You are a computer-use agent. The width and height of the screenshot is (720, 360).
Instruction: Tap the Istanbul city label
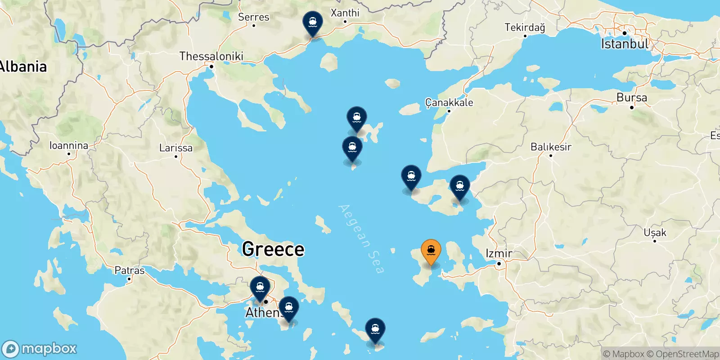tap(625, 44)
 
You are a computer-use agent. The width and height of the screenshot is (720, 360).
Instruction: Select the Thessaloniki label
tap(211, 56)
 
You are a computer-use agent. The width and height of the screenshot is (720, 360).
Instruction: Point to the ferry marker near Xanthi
tap(312, 23)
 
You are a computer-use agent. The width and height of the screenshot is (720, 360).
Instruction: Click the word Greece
tap(273, 249)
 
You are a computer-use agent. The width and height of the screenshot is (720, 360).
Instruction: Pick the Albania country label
tap(23, 67)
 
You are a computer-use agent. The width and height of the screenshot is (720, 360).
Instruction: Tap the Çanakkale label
tap(449, 103)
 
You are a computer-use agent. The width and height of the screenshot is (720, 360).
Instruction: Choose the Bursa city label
tap(632, 98)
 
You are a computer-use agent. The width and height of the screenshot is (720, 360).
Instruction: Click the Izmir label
tap(499, 253)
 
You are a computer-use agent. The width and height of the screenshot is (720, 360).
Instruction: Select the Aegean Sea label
tap(361, 238)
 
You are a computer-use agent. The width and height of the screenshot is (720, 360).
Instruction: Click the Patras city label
tap(130, 270)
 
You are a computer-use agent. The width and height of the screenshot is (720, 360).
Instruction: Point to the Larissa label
tap(176, 148)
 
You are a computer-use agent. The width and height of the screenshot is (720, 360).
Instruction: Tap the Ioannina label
tap(69, 145)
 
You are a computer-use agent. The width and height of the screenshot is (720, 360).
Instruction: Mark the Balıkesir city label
tap(551, 147)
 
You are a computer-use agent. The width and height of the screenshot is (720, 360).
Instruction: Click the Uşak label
tap(655, 233)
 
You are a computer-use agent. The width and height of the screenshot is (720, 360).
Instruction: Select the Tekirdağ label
tap(525, 27)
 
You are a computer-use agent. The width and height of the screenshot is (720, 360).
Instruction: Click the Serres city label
tap(253, 17)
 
